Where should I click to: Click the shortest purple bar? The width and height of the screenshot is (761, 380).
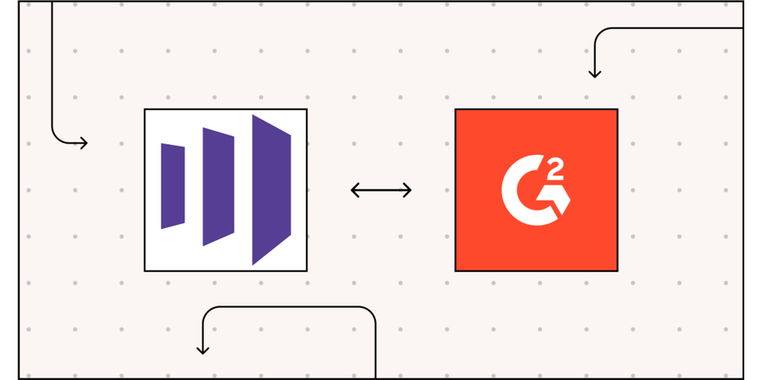[173, 186]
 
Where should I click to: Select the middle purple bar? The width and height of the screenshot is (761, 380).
[218, 187]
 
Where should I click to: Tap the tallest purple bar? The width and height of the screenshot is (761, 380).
[272, 190]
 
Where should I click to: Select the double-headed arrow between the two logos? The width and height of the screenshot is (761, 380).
[381, 190]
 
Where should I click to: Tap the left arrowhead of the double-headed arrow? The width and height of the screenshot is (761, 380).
[355, 190]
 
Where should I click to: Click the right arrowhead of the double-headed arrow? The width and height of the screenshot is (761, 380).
[408, 190]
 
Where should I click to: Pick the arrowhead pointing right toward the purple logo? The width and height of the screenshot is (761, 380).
[84, 142]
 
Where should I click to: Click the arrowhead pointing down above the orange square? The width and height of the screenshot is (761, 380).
[594, 73]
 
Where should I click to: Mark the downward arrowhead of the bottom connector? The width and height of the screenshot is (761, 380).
[202, 350]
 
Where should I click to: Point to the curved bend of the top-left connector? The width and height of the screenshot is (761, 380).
[56, 137]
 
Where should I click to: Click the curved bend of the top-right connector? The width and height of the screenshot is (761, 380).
[599, 33]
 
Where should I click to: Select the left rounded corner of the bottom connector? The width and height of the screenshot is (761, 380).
[207, 312]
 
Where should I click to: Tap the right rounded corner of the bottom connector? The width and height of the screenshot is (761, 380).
[371, 312]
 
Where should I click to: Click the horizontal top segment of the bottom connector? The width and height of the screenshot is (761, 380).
[289, 307]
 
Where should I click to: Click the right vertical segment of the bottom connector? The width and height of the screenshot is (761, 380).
[376, 350]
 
